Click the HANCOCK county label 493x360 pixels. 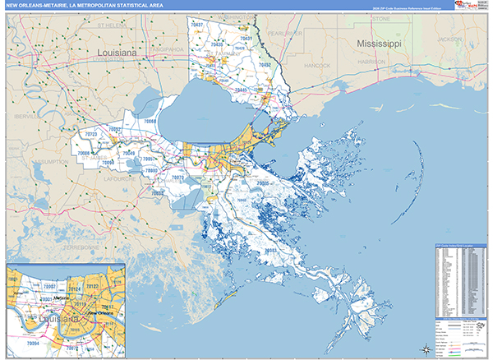pos(316,63)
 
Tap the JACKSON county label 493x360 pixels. pos(449,39)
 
